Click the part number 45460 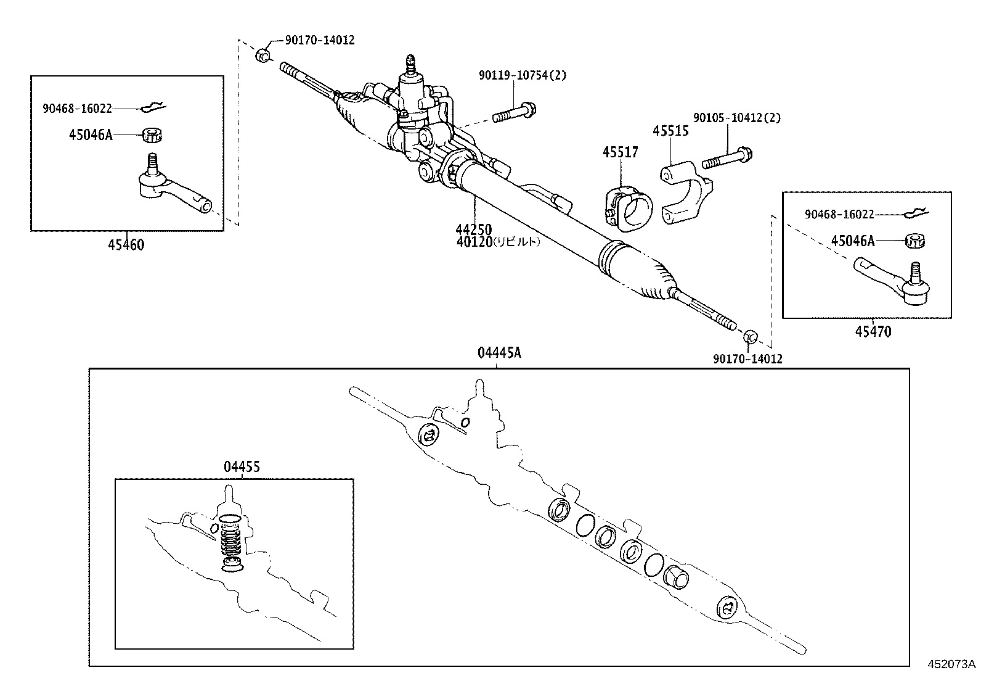pos(126,245)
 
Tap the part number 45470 pos(873,332)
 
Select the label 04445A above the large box pos(499,353)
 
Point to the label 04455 pos(242,467)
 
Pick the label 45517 pos(620,152)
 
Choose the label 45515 pos(670,131)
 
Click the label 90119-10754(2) pos(522,75)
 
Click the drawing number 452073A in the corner pos(952,664)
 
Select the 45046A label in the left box pos(91,134)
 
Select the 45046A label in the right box pos(852,241)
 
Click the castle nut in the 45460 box pos(152,134)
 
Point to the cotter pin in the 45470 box pos(917,214)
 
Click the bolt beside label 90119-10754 pos(515,114)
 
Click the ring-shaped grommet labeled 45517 pos(627,209)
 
